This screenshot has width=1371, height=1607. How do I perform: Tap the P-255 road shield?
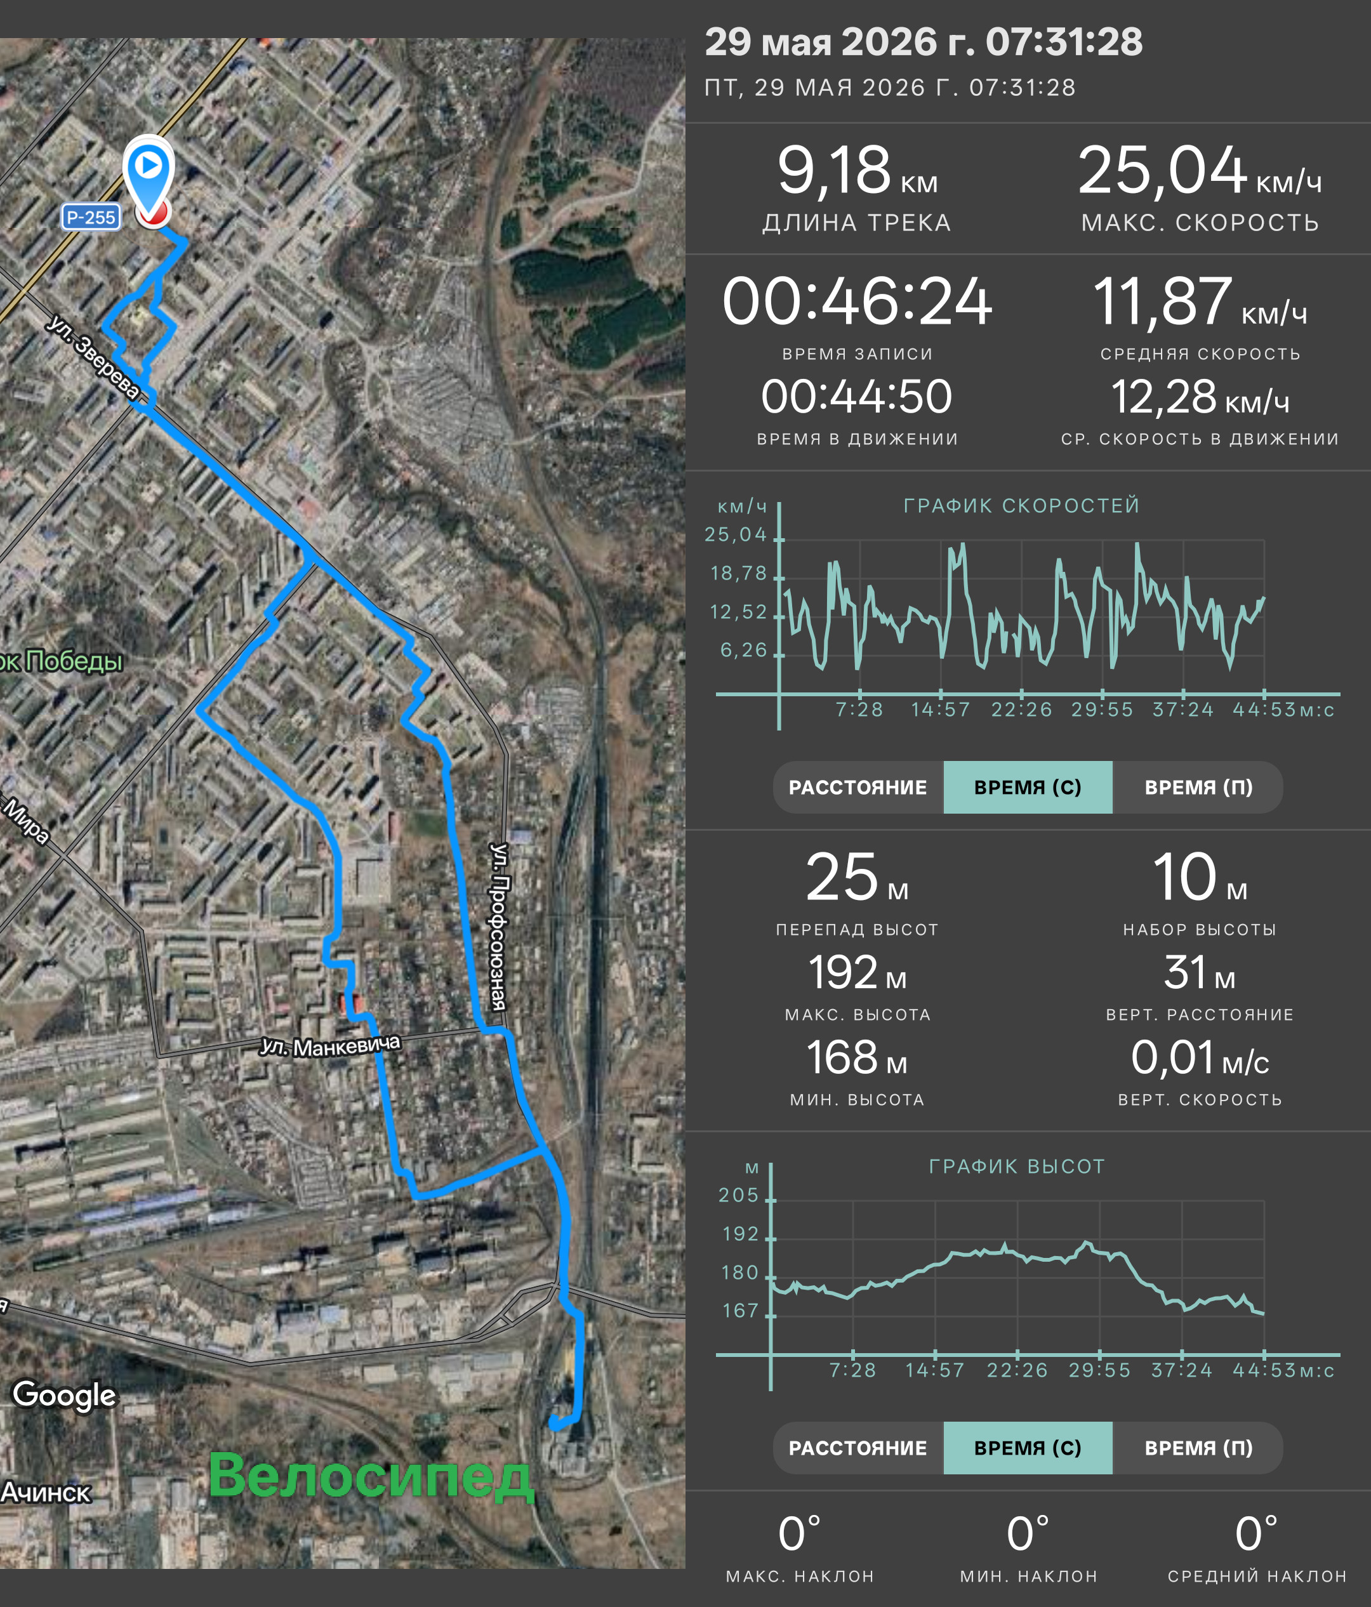[x=91, y=217]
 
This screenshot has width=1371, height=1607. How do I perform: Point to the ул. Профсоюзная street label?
[x=500, y=926]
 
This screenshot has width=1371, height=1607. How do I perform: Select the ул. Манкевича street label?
[x=330, y=1046]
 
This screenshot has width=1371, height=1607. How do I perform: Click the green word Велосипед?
[x=371, y=1475]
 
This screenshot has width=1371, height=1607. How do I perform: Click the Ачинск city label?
[x=46, y=1492]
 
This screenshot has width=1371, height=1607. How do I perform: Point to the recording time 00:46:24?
[x=857, y=301]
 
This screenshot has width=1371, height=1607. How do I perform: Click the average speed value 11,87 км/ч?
[x=1200, y=301]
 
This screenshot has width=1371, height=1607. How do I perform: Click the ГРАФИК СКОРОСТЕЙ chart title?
[x=1021, y=506]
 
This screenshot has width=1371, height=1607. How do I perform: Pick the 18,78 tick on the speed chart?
[x=738, y=573]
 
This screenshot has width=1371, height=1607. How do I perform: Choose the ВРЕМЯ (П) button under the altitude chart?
[x=1198, y=1448]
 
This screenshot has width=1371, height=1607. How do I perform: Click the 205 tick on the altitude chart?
[x=738, y=1195]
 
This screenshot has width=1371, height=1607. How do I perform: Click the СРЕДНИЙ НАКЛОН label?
[x=1257, y=1576]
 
